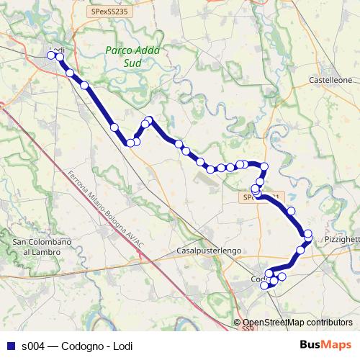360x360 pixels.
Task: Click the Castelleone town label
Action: (330, 80)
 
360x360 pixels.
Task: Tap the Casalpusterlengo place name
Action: (208, 251)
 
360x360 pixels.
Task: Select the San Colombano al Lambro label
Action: (42, 246)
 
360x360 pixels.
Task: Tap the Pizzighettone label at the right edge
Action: (341, 238)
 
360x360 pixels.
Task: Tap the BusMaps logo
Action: (325, 344)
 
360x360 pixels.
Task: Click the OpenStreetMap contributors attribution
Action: (297, 323)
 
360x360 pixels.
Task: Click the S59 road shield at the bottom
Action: (248, 328)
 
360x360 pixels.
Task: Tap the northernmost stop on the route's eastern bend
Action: (264, 167)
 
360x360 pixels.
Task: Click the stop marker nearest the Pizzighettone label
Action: (308, 234)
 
